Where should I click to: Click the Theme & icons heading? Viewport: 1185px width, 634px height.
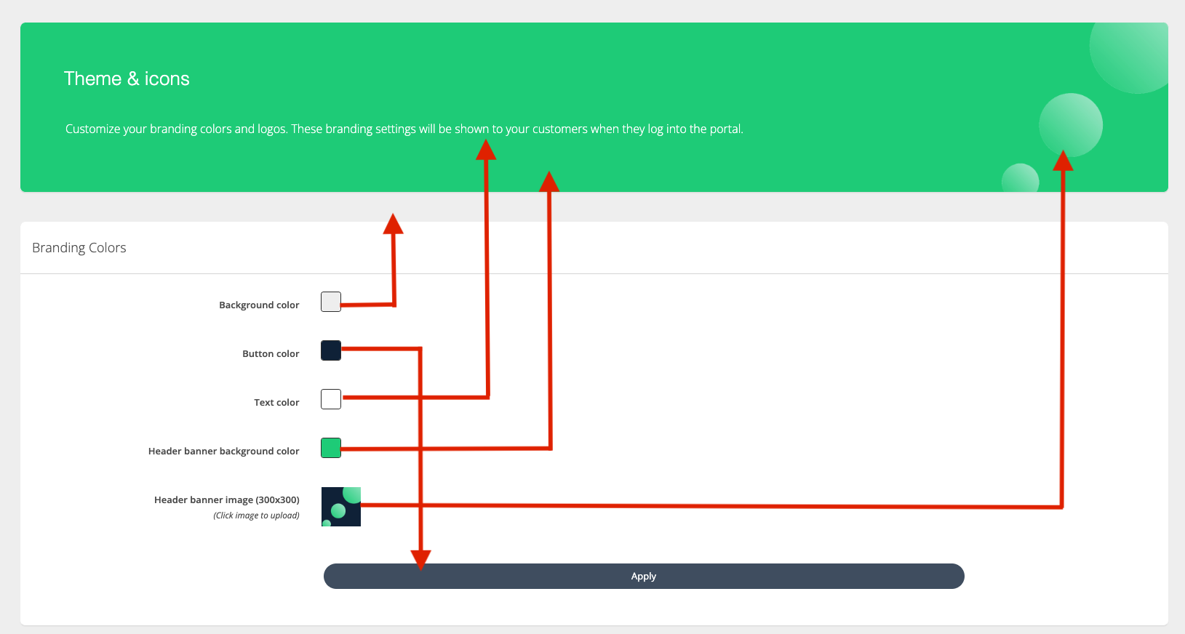point(127,79)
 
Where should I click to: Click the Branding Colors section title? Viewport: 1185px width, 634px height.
point(79,248)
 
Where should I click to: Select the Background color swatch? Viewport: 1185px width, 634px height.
point(331,302)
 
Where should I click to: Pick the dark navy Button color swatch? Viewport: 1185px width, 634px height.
point(331,350)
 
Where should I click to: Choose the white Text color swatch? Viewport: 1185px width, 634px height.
point(331,399)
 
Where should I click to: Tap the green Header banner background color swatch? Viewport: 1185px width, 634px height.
point(331,448)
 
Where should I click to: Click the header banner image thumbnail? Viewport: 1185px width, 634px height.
point(341,507)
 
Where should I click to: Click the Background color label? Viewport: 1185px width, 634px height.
point(259,305)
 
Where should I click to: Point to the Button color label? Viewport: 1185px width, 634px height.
point(271,354)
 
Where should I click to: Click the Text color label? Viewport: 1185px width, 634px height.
point(276,403)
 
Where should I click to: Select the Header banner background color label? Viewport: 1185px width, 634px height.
point(223,452)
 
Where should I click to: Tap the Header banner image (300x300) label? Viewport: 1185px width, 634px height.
point(226,500)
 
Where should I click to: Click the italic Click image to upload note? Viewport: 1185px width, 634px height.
point(256,515)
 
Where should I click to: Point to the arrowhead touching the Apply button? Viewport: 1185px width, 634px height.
point(420,559)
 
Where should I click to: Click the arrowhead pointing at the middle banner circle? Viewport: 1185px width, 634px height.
point(1063,161)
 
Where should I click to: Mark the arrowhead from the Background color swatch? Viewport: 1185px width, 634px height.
point(393,224)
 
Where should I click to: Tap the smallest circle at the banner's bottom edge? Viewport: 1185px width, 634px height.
point(1020,179)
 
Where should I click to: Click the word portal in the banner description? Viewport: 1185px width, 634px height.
point(725,129)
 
